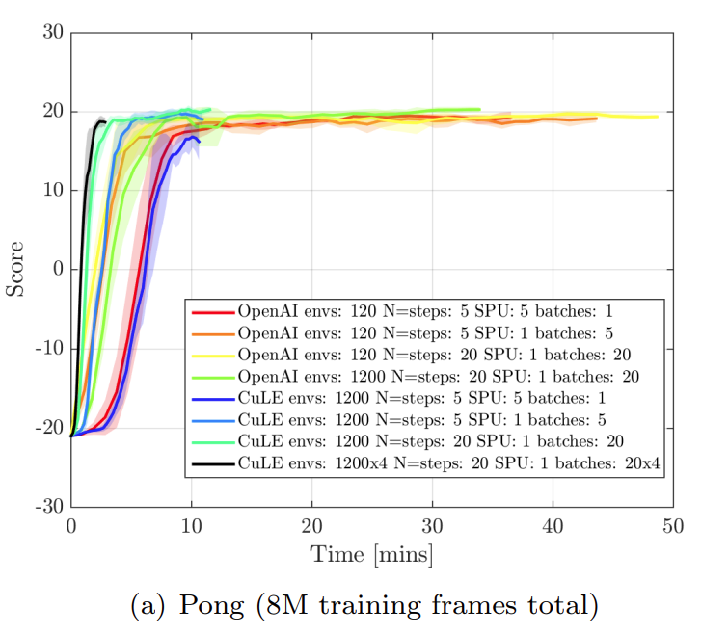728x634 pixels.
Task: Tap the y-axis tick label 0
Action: tap(57, 269)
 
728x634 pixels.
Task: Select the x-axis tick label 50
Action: tap(672, 527)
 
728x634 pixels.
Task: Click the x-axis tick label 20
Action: tap(311, 527)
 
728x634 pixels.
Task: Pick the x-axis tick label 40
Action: tap(552, 527)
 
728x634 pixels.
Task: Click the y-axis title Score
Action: tap(17, 269)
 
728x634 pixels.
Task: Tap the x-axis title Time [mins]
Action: tap(371, 555)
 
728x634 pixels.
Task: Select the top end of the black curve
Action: tap(103, 121)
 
